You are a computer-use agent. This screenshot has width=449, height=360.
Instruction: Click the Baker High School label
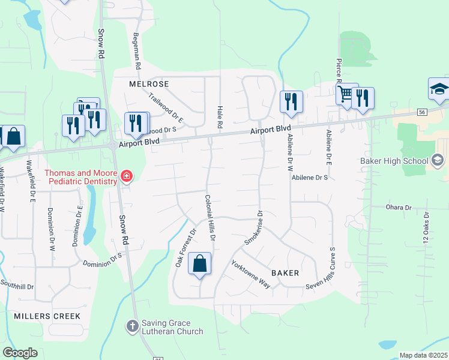(x=394, y=160)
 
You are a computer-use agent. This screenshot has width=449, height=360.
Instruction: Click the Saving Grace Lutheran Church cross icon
(x=132, y=326)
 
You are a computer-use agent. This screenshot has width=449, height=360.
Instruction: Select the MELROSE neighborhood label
(x=149, y=84)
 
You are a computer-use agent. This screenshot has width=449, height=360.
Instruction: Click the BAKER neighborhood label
(x=285, y=272)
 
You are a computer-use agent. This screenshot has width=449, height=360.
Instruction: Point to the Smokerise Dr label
(x=254, y=227)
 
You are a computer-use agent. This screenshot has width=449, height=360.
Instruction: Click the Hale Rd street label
(x=220, y=116)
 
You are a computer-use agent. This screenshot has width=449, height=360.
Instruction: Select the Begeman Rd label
(x=137, y=50)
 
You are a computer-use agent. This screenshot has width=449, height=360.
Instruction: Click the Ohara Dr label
(x=399, y=207)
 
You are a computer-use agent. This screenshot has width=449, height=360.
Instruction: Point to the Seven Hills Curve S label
(x=331, y=266)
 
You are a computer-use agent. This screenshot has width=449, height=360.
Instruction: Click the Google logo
(x=20, y=353)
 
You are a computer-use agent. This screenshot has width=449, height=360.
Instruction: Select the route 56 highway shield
(x=422, y=112)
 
